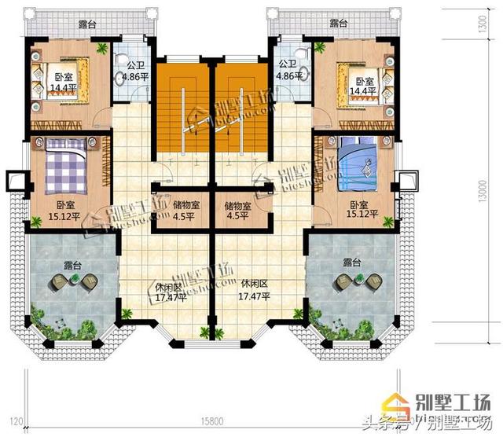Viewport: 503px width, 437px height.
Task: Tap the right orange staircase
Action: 241,111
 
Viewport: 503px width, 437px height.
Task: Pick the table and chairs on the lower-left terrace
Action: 71,281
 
